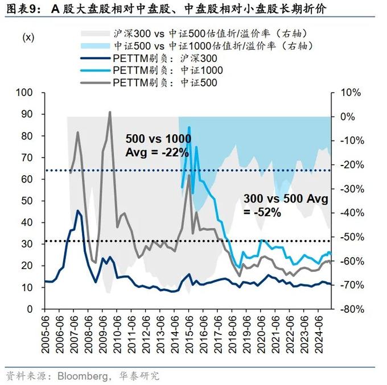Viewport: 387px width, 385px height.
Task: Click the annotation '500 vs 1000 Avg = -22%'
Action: [x=158, y=145]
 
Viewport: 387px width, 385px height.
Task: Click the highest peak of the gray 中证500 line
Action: [x=109, y=113]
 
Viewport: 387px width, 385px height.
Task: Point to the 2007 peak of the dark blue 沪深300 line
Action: [x=78, y=211]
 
